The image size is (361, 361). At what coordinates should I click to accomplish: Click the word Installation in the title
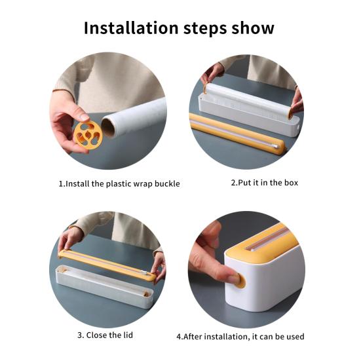pyautogui.click(x=131, y=28)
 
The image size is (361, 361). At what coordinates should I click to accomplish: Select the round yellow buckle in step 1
pyautogui.click(x=88, y=136)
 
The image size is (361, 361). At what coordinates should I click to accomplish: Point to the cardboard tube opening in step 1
pyautogui.click(x=109, y=128)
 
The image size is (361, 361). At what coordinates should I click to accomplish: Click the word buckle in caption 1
pyautogui.click(x=167, y=183)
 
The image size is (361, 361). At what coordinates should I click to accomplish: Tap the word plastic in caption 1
pyautogui.click(x=117, y=184)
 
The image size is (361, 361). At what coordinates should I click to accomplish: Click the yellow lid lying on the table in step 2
pyautogui.click(x=237, y=134)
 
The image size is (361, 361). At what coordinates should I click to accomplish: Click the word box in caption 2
pyautogui.click(x=291, y=183)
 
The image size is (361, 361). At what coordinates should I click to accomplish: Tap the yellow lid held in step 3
pyautogui.click(x=107, y=265)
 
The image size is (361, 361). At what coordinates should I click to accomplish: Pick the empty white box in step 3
pyautogui.click(x=104, y=286)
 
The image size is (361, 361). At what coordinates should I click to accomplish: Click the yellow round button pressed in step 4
pyautogui.click(x=240, y=280)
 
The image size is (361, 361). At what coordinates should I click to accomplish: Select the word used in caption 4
pyautogui.click(x=295, y=337)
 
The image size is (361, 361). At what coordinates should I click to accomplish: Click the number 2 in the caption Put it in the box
pyautogui.click(x=233, y=183)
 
